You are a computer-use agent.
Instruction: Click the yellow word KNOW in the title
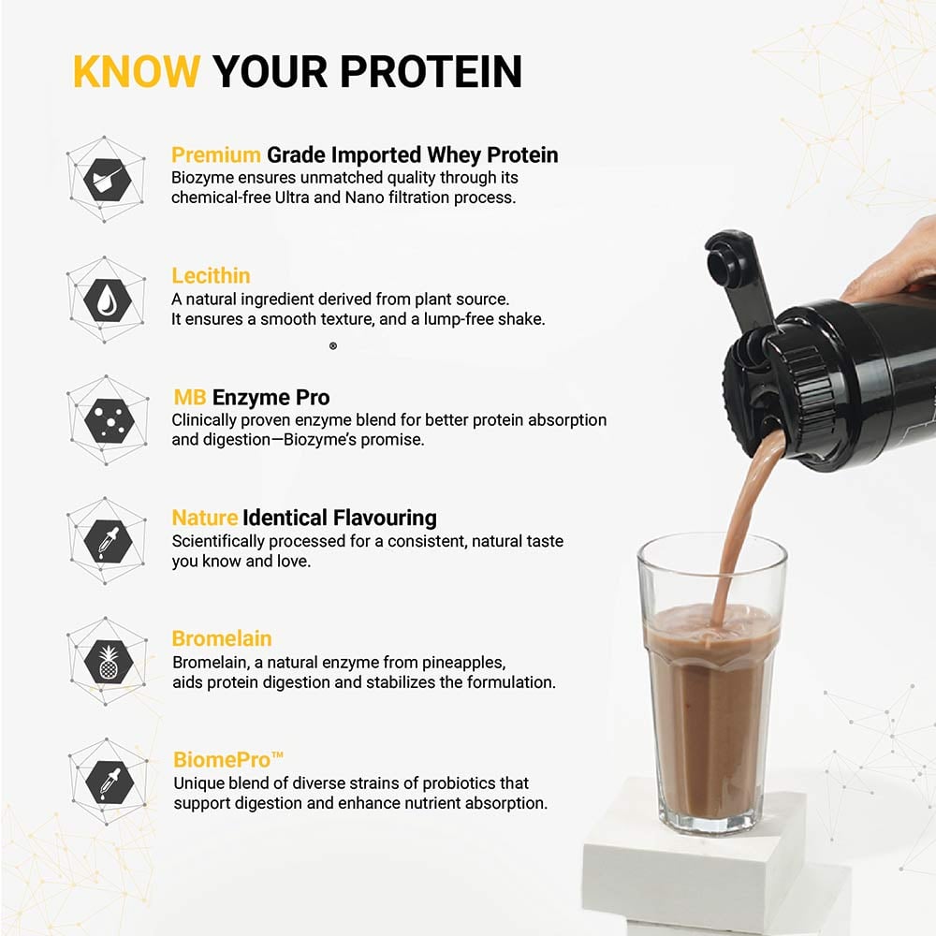[x=136, y=72]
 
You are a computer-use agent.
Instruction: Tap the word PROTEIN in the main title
[x=431, y=72]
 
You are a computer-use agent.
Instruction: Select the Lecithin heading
[x=211, y=276]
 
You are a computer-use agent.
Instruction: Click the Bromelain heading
[x=222, y=639]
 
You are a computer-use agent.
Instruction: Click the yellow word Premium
[x=216, y=154]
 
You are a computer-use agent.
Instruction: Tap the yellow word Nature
[x=204, y=518]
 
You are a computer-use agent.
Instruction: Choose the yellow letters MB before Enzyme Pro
[x=189, y=397]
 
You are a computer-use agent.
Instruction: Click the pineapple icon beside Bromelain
[x=107, y=660]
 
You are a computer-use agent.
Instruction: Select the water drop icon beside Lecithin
[x=107, y=299]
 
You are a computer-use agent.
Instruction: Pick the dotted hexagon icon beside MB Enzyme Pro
[x=107, y=419]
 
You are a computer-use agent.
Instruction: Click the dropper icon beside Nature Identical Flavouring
[x=107, y=540]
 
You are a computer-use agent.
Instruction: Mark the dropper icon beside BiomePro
[x=107, y=781]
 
